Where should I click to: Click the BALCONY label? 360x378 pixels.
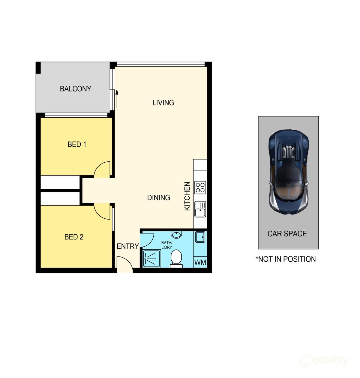pos(75,89)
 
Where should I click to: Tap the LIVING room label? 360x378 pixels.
pos(163,103)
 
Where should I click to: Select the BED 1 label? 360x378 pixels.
pos(77,144)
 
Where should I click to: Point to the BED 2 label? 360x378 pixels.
pos(74,237)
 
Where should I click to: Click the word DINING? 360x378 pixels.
pos(158,197)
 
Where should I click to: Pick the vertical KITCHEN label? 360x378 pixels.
pos(187,196)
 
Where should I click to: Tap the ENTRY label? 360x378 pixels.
pos(127,246)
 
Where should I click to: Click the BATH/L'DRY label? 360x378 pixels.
pos(166,245)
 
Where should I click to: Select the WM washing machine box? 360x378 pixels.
pos(200,262)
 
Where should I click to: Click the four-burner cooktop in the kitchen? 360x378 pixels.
pos(200,187)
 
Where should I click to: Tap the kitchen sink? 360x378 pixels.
pos(200,209)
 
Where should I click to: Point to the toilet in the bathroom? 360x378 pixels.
pos(176,259)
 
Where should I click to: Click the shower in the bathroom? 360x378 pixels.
pos(151,259)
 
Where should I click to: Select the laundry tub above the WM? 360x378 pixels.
pos(200,237)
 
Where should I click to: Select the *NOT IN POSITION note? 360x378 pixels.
pos(286,259)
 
